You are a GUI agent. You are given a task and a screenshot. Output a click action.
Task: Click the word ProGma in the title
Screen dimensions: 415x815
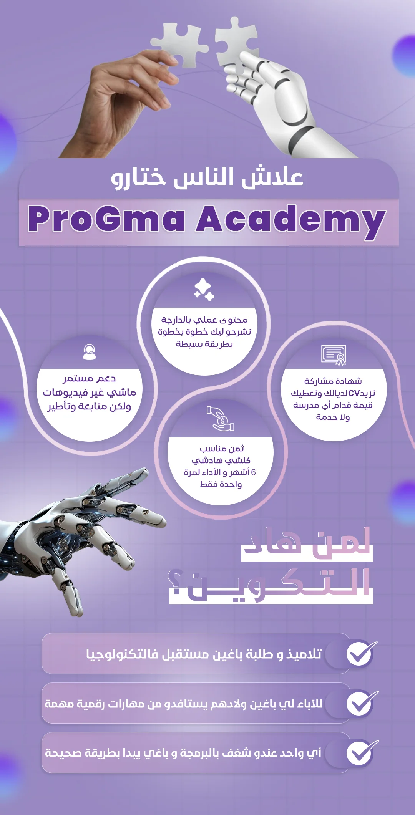pyautogui.click(x=106, y=219)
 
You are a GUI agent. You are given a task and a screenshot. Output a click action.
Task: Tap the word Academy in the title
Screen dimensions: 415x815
pyautogui.click(x=291, y=222)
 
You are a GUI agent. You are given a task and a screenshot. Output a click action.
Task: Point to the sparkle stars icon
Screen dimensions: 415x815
pyautogui.click(x=204, y=289)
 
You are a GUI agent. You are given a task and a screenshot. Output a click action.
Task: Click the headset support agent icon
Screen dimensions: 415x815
pyautogui.click(x=90, y=352)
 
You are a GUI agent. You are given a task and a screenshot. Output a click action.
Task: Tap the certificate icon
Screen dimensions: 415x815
pyautogui.click(x=334, y=355)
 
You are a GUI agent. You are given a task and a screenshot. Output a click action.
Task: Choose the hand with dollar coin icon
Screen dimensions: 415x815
pyautogui.click(x=220, y=418)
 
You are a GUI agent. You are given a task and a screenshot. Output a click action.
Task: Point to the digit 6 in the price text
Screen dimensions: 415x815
pyautogui.click(x=253, y=472)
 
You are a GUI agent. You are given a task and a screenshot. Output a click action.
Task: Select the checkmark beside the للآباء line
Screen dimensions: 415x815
pyautogui.click(x=362, y=703)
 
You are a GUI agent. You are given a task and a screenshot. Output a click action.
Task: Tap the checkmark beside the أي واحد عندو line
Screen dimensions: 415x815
pyautogui.click(x=362, y=752)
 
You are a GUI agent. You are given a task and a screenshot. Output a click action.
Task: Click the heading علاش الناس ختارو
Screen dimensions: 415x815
pyautogui.click(x=207, y=178)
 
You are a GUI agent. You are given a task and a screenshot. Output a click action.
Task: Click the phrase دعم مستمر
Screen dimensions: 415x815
pyautogui.click(x=90, y=379)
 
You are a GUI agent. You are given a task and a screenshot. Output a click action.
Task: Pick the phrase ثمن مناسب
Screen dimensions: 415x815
pyautogui.click(x=222, y=448)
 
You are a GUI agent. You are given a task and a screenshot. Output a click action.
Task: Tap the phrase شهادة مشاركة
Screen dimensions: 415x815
pyautogui.click(x=333, y=381)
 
